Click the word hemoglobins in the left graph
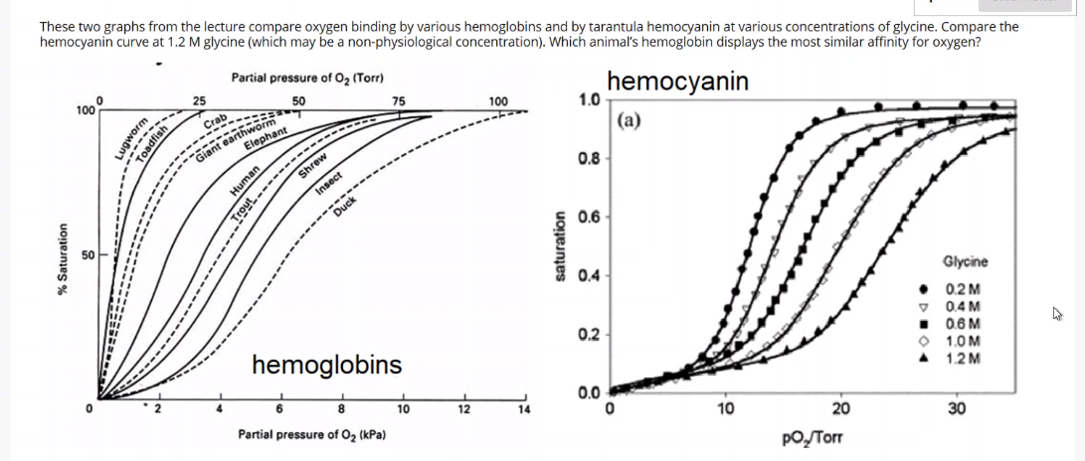click(x=327, y=365)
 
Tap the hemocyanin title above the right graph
click(x=677, y=81)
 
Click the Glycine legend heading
click(x=964, y=262)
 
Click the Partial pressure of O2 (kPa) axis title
click(x=311, y=435)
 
